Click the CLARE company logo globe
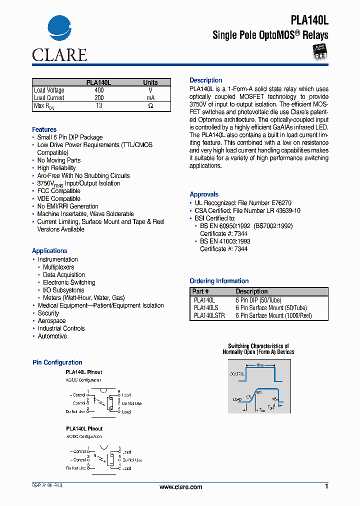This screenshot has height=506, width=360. [59, 31]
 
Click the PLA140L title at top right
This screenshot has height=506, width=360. [309, 19]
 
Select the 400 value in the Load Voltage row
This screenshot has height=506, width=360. [99, 90]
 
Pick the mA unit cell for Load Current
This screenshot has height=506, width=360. [150, 98]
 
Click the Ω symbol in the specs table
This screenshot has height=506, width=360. [150, 106]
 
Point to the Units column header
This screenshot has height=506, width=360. [150, 82]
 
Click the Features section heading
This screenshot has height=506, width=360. [44, 129]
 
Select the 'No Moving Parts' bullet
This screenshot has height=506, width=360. [59, 160]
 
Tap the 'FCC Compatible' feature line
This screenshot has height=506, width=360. [58, 191]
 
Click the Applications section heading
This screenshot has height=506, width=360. [49, 251]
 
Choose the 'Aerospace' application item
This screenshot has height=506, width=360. [51, 321]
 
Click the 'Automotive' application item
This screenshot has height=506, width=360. [52, 336]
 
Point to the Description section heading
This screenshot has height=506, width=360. [205, 80]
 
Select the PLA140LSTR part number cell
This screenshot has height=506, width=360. [209, 315]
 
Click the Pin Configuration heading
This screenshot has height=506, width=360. [57, 362]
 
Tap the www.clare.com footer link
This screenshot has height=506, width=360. [180, 487]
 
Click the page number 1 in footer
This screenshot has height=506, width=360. [326, 486]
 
